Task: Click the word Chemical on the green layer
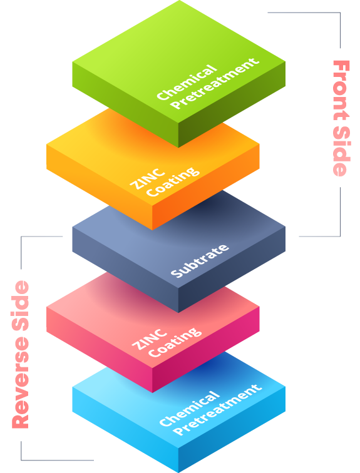pos(187,82)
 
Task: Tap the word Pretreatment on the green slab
pos(215,83)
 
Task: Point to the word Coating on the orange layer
pos(173,181)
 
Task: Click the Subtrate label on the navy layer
pos(200,261)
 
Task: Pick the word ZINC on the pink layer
pos(150,340)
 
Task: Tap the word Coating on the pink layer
pos(175,342)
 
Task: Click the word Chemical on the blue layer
pos(189,409)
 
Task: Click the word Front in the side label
pos(341,90)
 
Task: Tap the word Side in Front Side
pos(341,151)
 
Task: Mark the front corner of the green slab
pos(178,123)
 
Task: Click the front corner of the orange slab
pos(152,206)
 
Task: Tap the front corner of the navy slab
pos(178,288)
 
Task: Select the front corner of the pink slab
pos(152,369)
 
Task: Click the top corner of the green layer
pos(179,1)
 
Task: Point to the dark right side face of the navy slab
pos(232,270)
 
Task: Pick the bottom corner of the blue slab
pos(178,472)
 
